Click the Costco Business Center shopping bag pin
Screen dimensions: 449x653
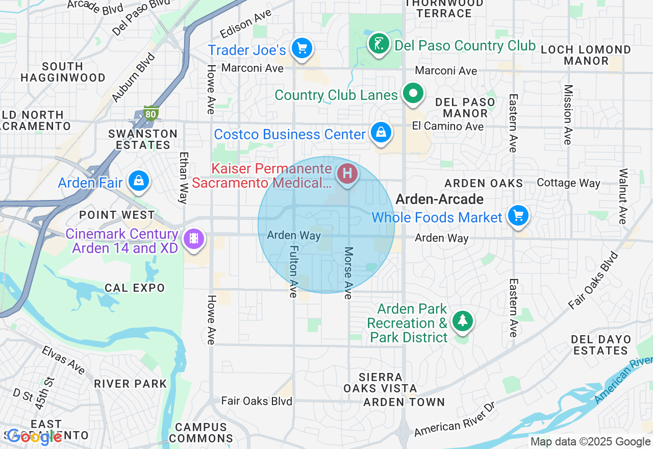[x=381, y=133]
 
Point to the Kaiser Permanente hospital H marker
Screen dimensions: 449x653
[x=348, y=173]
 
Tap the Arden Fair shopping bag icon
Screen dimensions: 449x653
[x=138, y=181]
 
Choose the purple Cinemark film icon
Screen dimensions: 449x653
[x=193, y=238]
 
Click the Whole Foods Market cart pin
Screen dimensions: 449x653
[x=518, y=215]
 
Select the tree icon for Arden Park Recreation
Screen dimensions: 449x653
[x=462, y=321]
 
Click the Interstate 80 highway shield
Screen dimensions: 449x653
[x=150, y=113]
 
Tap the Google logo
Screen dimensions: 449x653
[x=34, y=436]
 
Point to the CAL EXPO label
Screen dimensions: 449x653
[x=135, y=288]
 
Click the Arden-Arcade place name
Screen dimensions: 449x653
[x=440, y=199]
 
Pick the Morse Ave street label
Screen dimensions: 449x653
[x=348, y=273]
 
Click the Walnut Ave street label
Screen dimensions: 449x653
[x=623, y=196]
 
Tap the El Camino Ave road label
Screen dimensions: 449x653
[x=448, y=126]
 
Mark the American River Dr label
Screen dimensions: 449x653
[x=455, y=419]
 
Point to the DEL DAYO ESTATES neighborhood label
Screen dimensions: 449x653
[x=601, y=345]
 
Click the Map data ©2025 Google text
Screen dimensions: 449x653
[x=590, y=442]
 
